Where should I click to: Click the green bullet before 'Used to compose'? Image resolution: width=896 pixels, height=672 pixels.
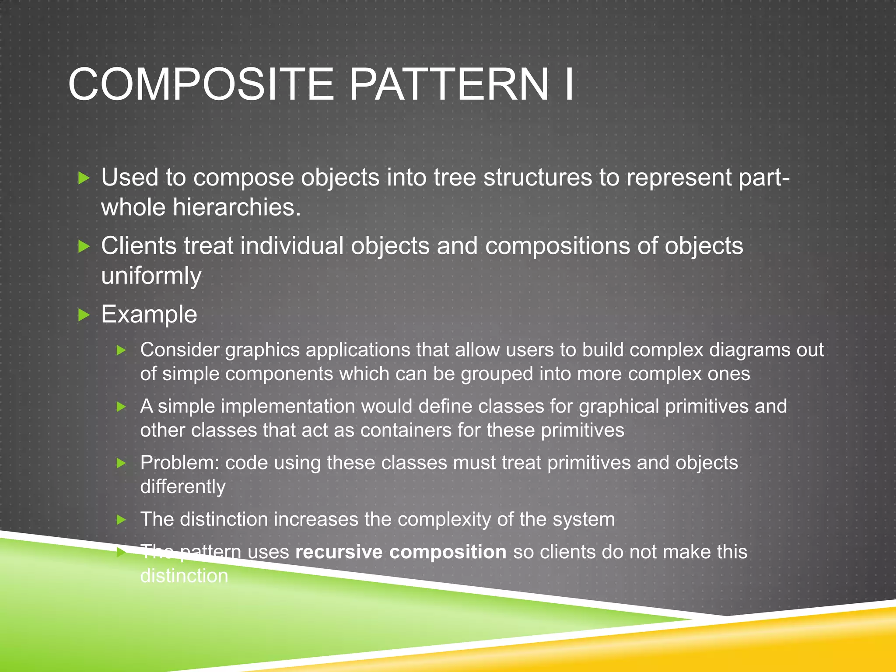pyautogui.click(x=84, y=178)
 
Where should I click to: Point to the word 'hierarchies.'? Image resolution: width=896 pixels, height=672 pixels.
pyautogui.click(x=237, y=207)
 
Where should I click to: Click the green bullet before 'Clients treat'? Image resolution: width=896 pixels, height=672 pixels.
pyautogui.click(x=84, y=246)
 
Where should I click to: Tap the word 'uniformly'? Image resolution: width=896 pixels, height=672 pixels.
pyautogui.click(x=151, y=276)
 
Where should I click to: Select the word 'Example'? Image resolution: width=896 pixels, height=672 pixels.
pyautogui.click(x=149, y=314)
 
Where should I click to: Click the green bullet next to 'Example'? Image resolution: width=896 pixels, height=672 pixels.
pyautogui.click(x=84, y=315)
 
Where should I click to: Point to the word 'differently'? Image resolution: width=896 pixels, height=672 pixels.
pyautogui.click(x=183, y=486)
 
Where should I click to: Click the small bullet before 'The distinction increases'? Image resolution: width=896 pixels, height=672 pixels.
pyautogui.click(x=121, y=520)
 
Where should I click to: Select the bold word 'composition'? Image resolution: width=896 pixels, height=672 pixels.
pyautogui.click(x=448, y=552)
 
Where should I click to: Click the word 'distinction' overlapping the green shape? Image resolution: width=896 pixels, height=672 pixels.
pyautogui.click(x=184, y=576)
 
